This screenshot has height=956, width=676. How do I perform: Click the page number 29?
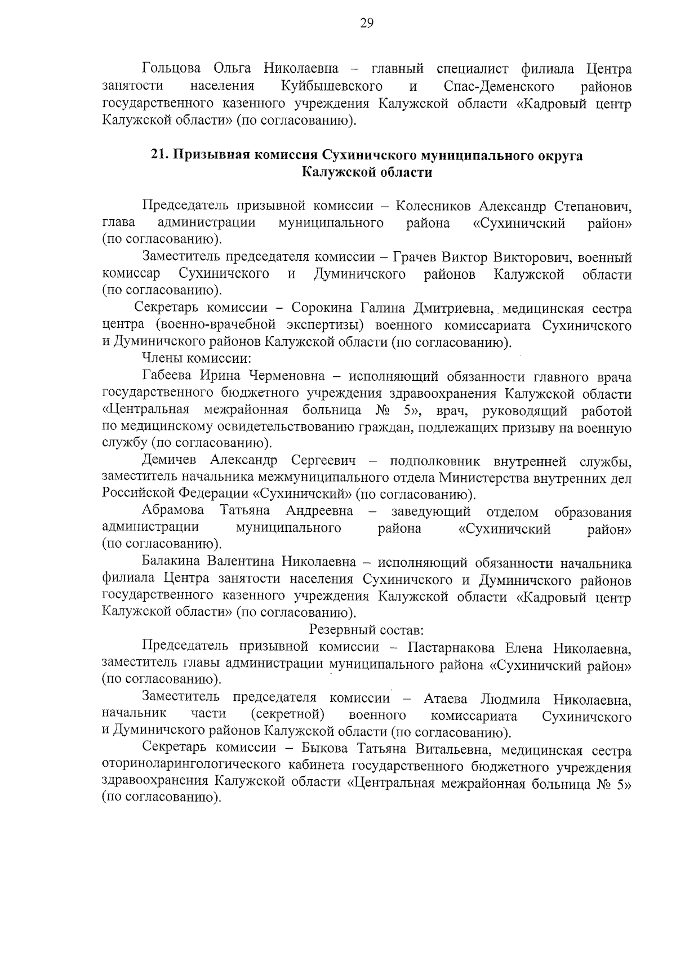366,23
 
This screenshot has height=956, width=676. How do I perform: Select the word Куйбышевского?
331,86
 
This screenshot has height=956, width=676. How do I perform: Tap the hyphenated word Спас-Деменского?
499,86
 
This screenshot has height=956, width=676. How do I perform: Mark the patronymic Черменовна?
278,376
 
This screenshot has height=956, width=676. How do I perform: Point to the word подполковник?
434,461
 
